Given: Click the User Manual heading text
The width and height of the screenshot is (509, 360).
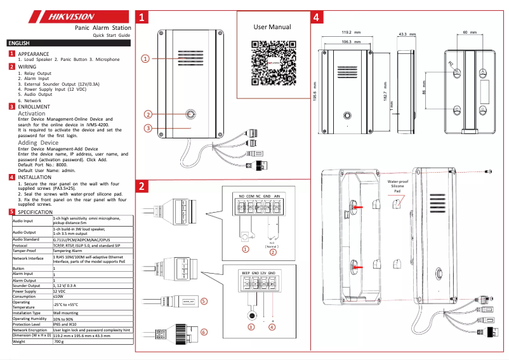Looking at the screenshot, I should click(x=272, y=27).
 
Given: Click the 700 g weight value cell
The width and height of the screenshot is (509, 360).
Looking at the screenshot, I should click(x=59, y=342).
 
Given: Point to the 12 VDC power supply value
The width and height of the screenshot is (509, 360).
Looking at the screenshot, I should click(x=61, y=291).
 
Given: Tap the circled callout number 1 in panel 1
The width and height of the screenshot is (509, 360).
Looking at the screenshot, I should click(x=145, y=58).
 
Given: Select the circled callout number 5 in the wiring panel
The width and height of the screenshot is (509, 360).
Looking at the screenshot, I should click(x=204, y=302).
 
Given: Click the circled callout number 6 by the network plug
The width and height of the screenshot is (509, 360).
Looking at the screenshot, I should click(x=204, y=331).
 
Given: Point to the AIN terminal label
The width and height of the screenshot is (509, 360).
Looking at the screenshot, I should click(x=277, y=197).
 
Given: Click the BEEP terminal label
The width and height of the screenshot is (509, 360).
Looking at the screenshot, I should click(x=245, y=272).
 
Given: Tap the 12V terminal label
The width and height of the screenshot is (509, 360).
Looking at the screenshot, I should click(x=263, y=272).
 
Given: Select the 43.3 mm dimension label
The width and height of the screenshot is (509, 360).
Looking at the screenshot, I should click(x=406, y=34).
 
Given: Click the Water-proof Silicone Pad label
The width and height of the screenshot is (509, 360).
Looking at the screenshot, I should click(x=397, y=186).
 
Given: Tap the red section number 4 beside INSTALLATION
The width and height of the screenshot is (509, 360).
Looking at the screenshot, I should click(x=12, y=177).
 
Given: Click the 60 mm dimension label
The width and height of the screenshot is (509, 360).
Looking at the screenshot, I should click(x=470, y=32).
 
